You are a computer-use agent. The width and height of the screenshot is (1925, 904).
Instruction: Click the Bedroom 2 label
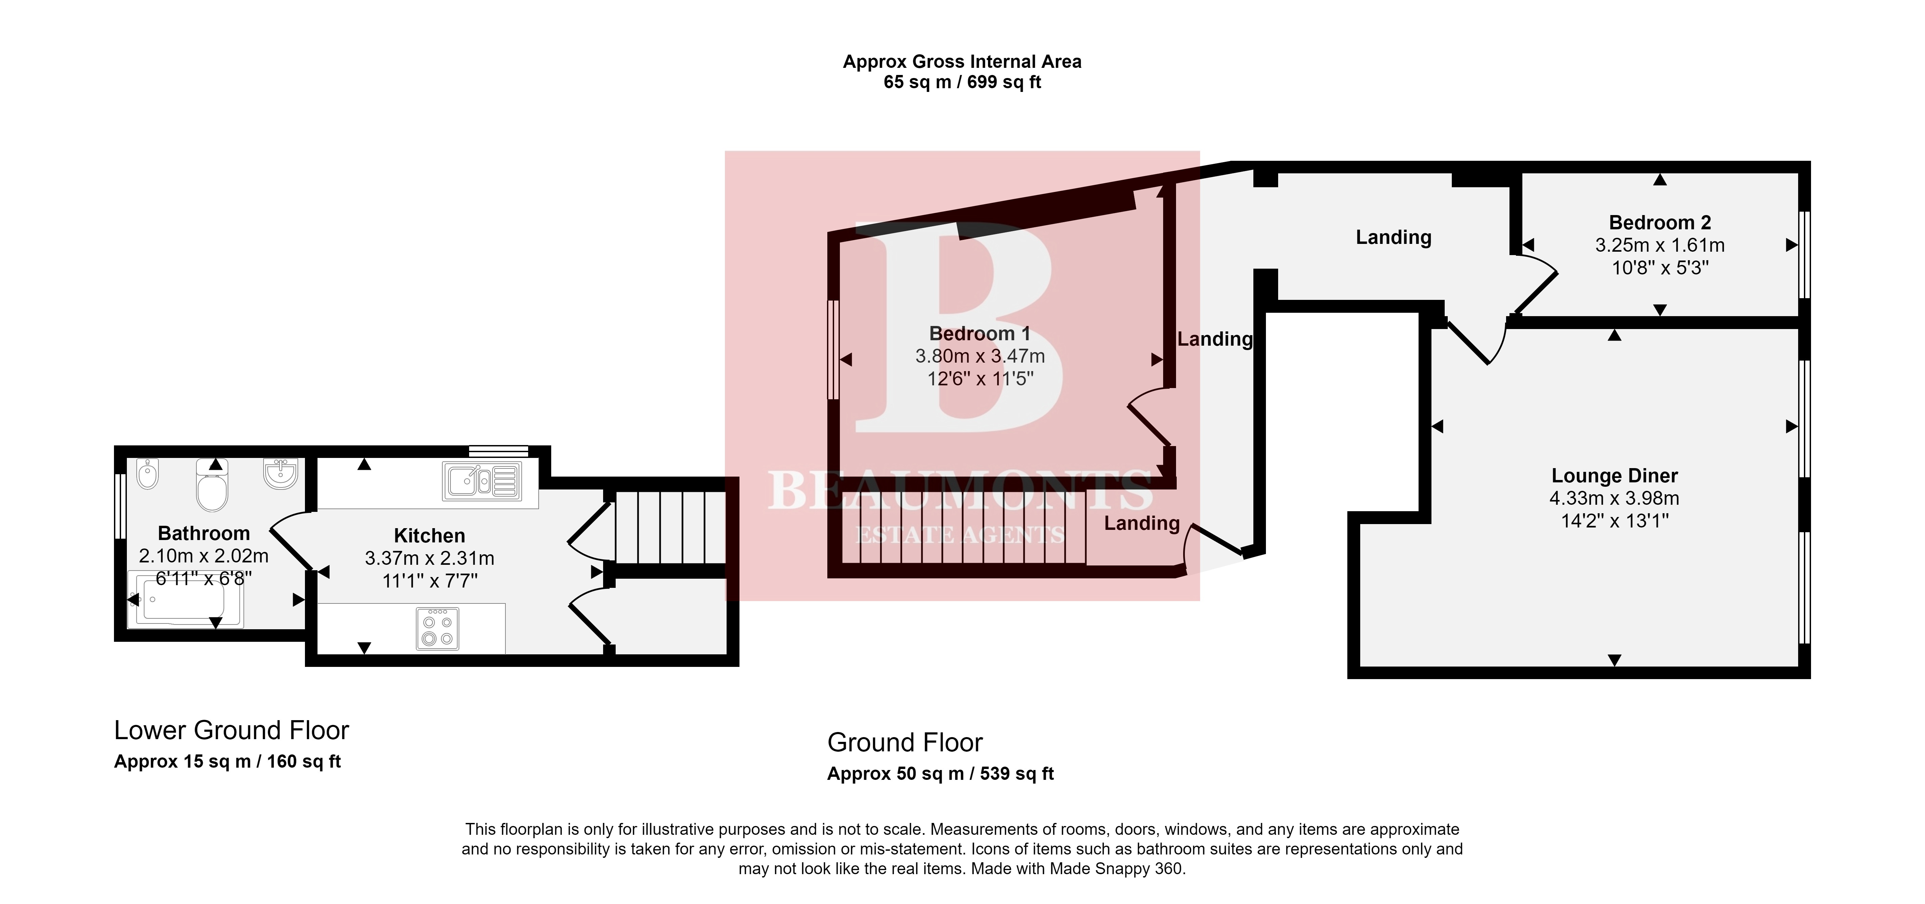1660,223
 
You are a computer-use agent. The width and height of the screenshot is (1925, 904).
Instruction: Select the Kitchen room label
430,536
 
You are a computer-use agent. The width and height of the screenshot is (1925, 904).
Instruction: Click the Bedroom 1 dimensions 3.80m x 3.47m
980,357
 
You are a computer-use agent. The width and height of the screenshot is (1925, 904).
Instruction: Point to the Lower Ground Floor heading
232,730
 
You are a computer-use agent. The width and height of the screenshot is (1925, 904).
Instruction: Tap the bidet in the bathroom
148,474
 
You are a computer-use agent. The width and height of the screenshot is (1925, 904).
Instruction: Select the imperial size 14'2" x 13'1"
1614,521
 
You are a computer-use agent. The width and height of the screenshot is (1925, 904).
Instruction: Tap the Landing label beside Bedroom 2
1394,237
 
